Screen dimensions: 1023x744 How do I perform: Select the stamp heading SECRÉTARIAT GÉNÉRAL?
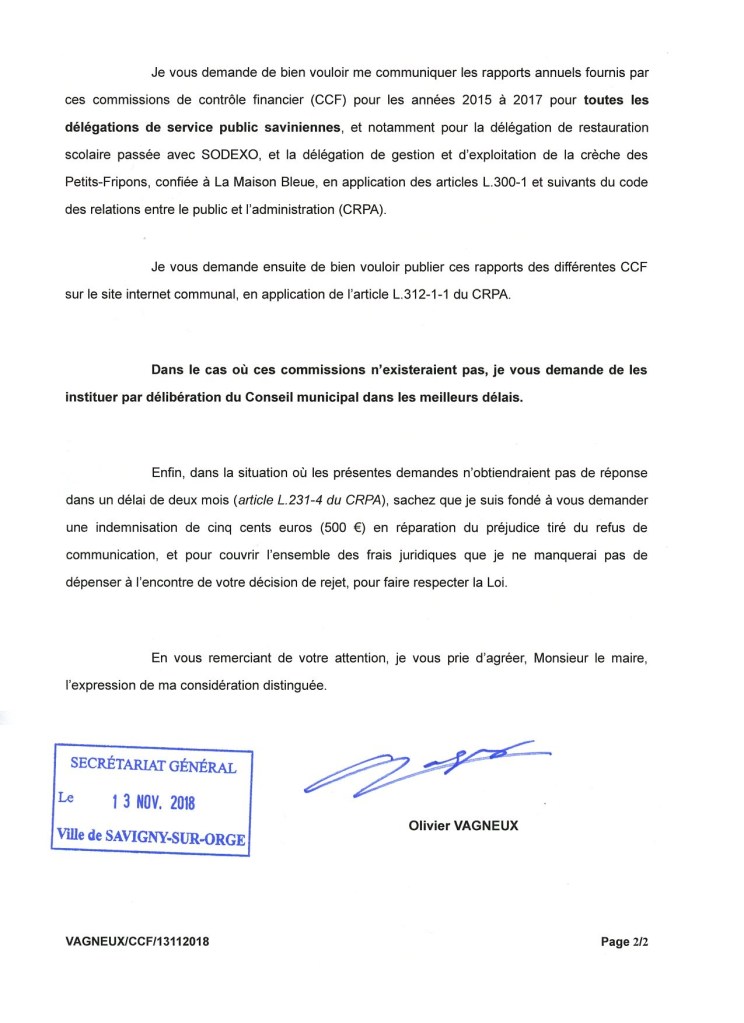[153, 767]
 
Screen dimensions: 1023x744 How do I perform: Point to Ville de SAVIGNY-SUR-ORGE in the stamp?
[149, 837]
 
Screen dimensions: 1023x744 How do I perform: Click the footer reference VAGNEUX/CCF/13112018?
[137, 941]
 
